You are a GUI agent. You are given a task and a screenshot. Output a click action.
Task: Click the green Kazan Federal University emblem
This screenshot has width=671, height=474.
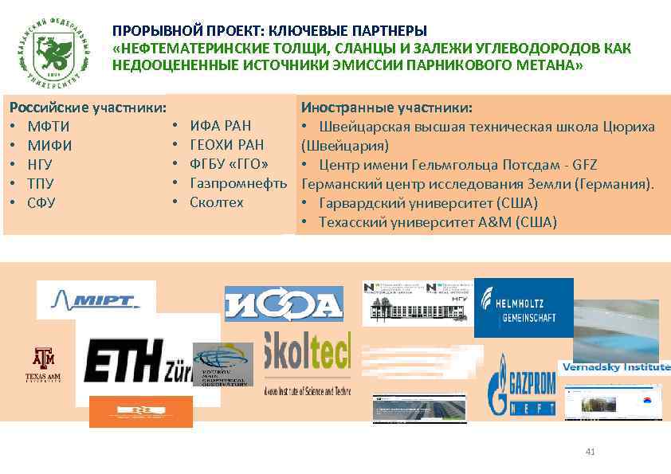(x=53, y=50)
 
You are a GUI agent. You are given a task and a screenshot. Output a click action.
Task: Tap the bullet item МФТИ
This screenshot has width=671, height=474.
(x=48, y=127)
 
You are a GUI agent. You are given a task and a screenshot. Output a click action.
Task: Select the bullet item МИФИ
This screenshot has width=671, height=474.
(x=49, y=146)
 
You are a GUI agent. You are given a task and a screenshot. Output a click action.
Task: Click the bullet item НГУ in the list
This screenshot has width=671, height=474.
(x=40, y=165)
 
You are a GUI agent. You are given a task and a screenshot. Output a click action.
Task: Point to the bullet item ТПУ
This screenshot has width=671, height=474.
(x=40, y=184)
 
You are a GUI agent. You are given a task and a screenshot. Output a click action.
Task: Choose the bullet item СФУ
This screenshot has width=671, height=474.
(x=41, y=203)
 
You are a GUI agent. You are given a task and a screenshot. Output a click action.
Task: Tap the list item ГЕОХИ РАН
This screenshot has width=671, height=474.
(x=226, y=144)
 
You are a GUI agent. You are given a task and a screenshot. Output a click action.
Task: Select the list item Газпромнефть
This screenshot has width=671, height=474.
(x=237, y=183)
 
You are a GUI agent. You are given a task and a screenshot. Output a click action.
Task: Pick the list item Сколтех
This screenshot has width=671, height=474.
(x=216, y=202)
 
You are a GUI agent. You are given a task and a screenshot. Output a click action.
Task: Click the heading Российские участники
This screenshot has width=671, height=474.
(x=87, y=108)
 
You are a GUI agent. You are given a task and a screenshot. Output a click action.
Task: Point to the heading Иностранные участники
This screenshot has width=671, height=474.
(x=386, y=108)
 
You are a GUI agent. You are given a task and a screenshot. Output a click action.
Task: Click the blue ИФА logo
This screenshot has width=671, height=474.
(x=284, y=304)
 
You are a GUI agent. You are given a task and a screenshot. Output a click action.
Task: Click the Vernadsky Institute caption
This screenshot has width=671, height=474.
(x=615, y=367)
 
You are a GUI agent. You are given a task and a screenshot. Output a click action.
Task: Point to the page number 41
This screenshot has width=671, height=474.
(x=590, y=452)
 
